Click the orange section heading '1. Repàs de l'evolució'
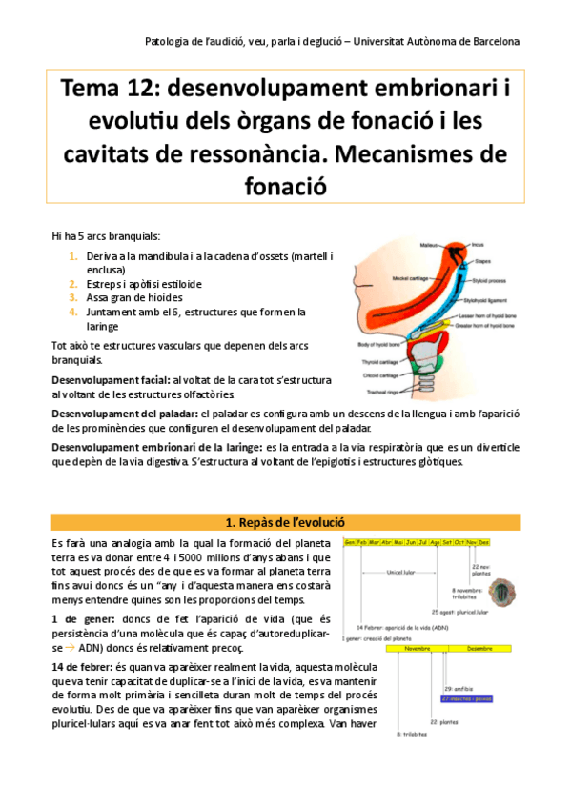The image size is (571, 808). pos(285,522)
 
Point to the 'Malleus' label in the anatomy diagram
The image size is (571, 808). pos(430,245)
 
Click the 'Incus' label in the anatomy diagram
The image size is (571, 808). pos(478,244)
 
